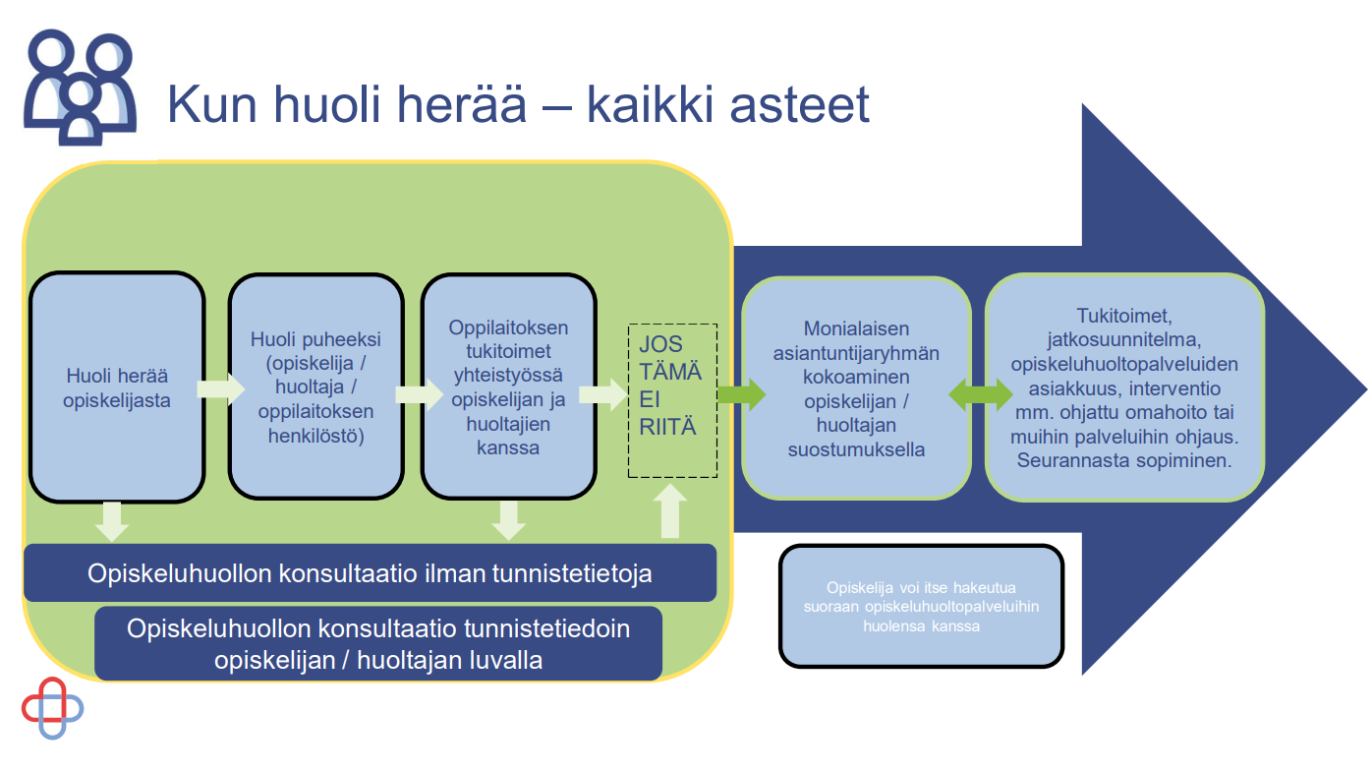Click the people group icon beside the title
click(x=80, y=88)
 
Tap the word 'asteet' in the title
click(x=799, y=105)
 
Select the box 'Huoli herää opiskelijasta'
click(x=116, y=387)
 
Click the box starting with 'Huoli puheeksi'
click(x=316, y=386)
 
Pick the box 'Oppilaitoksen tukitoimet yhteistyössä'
click(x=508, y=386)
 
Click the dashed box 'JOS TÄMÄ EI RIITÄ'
click(x=672, y=400)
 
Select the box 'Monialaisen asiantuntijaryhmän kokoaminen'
click(x=856, y=388)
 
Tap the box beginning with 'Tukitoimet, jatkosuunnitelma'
click(x=1124, y=387)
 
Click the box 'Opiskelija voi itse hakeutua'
click(x=921, y=606)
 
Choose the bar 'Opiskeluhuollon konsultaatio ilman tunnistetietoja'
click(x=370, y=573)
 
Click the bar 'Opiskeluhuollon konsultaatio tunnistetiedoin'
click(x=378, y=643)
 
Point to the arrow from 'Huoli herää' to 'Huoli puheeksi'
click(x=220, y=389)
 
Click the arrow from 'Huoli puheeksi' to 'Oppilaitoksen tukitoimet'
click(x=419, y=394)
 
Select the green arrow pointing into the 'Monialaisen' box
click(x=742, y=394)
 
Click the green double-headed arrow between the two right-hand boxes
click(x=981, y=394)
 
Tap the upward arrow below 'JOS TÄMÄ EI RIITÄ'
click(x=670, y=511)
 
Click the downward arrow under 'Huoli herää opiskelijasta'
click(x=112, y=522)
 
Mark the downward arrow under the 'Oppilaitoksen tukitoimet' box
click(x=509, y=521)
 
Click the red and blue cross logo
click(x=53, y=708)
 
